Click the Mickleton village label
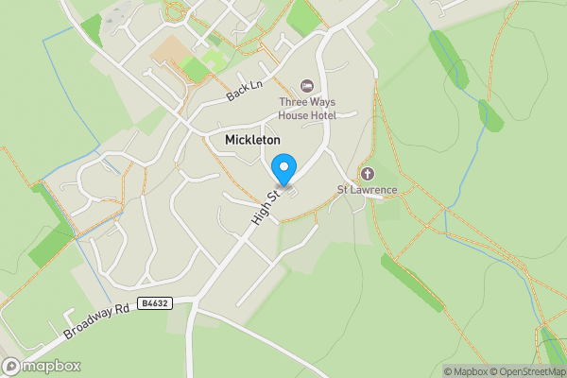coord(252,140)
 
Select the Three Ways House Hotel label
coord(306,108)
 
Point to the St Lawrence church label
coord(368,189)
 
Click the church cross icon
coord(368,174)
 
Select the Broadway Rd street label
coord(97,322)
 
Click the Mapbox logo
coord(42,367)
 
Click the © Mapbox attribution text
coord(465,371)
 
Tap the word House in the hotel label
coord(293,115)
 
